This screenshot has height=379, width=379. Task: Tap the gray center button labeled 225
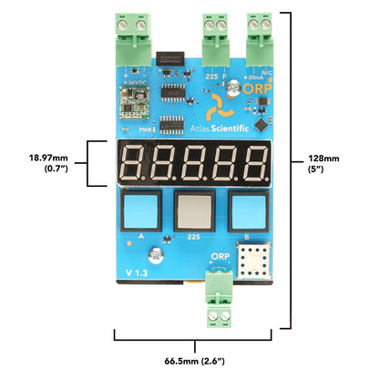tap(193, 211)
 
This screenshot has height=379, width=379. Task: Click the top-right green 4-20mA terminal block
tap(263, 36)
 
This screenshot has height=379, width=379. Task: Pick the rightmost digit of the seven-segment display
tap(252, 164)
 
